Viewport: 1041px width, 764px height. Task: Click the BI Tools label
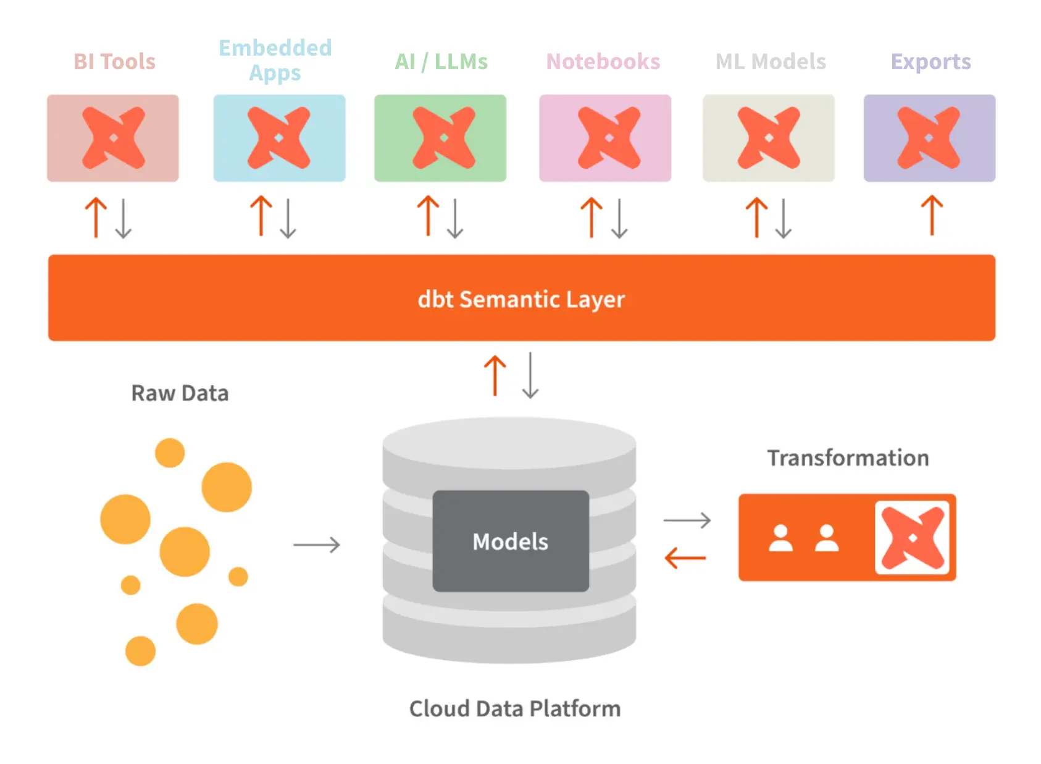114,62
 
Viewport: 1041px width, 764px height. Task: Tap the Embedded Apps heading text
275,60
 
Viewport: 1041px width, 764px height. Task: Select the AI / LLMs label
441,62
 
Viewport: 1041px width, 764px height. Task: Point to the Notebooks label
603,62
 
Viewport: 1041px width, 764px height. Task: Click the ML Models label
770,62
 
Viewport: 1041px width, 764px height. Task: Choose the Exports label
930,62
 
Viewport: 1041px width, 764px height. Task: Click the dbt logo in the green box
443,138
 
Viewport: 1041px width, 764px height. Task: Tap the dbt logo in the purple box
929,138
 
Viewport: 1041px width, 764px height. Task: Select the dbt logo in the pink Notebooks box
609,138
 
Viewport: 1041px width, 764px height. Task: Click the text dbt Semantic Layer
521,299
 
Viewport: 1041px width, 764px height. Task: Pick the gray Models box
510,541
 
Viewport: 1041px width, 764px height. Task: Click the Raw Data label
180,393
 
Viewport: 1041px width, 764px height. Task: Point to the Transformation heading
848,458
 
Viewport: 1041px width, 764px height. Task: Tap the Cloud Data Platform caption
514,708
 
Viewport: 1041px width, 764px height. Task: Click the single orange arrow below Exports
932,216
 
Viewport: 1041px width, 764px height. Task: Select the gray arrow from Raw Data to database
317,545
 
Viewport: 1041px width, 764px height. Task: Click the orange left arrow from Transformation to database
685,558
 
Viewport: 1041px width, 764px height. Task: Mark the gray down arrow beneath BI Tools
123,218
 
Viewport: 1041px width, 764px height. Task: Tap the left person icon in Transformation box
780,538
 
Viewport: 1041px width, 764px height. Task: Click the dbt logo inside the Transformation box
913,538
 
